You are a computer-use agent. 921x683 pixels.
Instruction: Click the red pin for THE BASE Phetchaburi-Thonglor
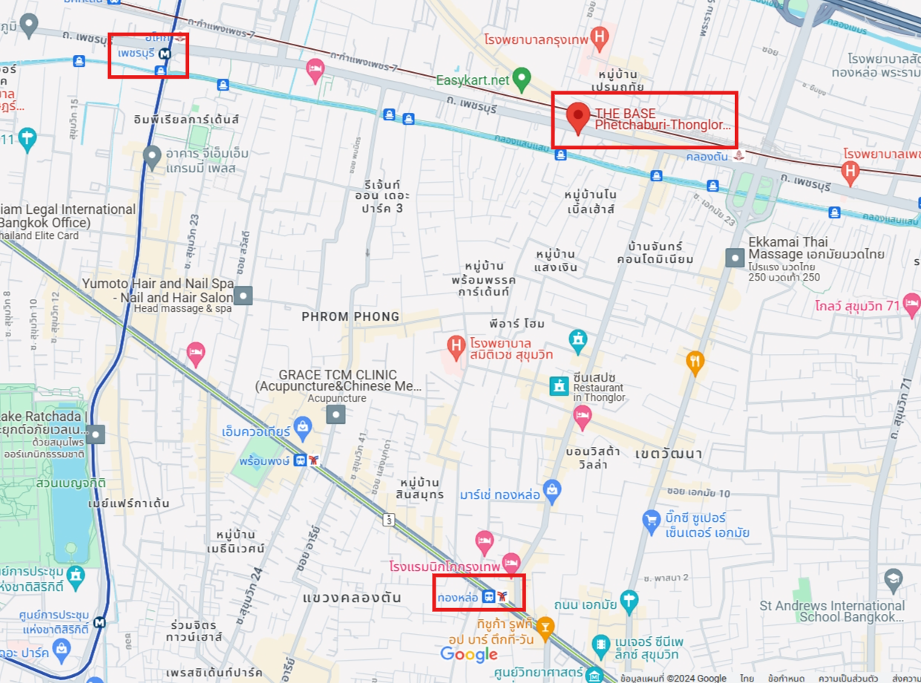(x=578, y=117)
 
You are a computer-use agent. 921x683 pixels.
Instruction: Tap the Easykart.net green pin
(x=522, y=76)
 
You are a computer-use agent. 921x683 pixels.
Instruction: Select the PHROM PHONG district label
(x=350, y=316)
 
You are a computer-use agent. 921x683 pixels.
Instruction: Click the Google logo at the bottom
(x=469, y=654)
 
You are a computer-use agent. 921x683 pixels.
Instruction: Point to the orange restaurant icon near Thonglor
(x=695, y=362)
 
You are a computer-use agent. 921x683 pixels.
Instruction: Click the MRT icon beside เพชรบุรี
(x=167, y=53)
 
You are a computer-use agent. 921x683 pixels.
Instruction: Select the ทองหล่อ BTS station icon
(x=488, y=596)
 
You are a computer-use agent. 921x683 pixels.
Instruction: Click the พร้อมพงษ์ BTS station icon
(x=300, y=460)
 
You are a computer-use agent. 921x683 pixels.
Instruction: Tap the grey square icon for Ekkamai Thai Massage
(x=735, y=258)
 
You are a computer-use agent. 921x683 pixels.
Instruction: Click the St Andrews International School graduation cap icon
(x=894, y=578)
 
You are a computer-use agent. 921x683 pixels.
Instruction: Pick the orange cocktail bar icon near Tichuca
(x=545, y=627)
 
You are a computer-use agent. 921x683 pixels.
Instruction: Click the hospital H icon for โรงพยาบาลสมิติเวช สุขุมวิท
(x=456, y=344)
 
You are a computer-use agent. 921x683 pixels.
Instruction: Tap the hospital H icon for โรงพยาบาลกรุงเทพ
(x=600, y=35)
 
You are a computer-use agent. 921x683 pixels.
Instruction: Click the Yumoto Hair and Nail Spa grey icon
(x=243, y=295)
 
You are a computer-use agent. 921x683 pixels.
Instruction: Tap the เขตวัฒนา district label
(x=669, y=453)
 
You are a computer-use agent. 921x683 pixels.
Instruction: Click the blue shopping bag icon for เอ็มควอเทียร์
(x=301, y=426)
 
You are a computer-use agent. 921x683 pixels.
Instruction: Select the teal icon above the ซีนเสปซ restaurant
(x=577, y=340)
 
